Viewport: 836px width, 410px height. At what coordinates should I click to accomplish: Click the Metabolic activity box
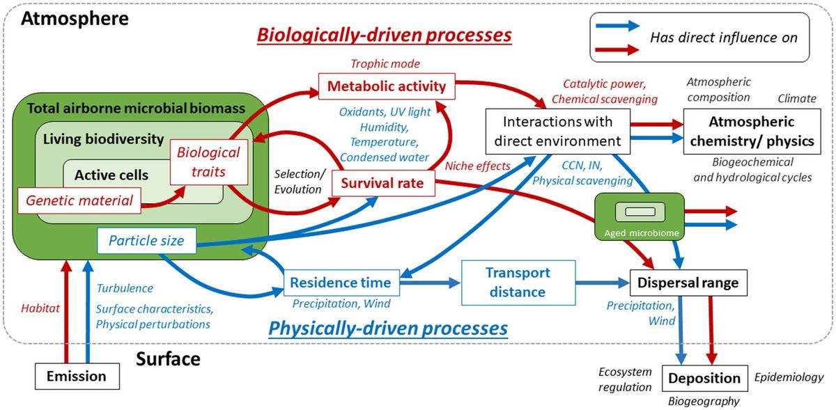pos(387,87)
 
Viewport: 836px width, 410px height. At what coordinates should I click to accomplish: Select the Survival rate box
pos(382,185)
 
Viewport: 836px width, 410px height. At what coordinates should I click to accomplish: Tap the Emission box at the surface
pos(76,377)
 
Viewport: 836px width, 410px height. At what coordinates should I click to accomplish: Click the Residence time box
pos(340,283)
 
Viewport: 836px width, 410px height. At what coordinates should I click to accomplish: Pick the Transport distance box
pos(518,283)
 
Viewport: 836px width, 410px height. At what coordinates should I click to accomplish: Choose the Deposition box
pos(704,378)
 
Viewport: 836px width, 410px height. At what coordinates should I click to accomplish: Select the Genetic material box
pos(80,201)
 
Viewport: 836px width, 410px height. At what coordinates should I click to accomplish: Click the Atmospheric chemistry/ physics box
pos(751,132)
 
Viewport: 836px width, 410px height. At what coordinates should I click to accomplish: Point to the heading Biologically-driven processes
pos(385,34)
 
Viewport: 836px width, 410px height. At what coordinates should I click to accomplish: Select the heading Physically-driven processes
pos(388,327)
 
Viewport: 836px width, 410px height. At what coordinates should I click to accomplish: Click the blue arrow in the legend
pos(617,26)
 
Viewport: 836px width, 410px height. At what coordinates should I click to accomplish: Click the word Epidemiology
pos(789,377)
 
